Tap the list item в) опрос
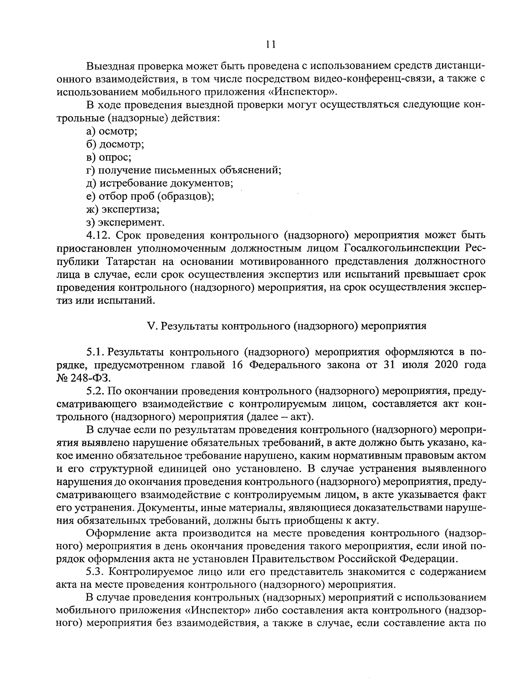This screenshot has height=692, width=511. [x=108, y=158]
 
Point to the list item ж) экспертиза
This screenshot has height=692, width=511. [x=116, y=210]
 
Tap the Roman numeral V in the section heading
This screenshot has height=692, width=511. [x=149, y=326]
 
